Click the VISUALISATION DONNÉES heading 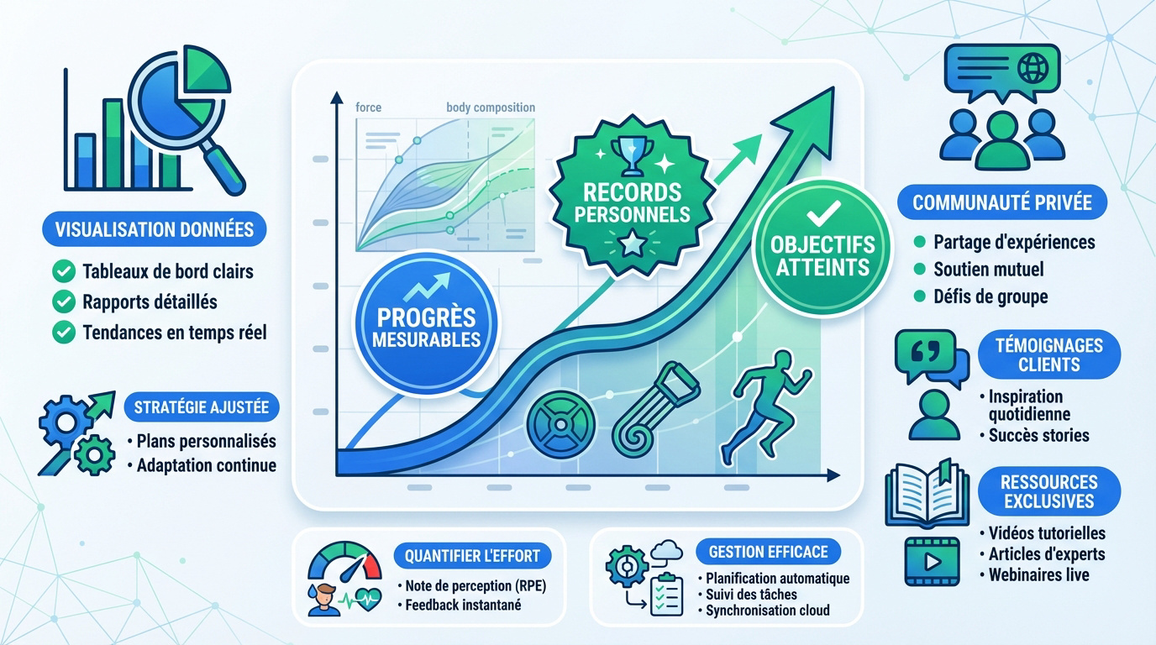(x=154, y=229)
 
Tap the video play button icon (x=931, y=561)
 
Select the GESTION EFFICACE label (x=768, y=552)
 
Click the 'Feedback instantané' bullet (x=463, y=605)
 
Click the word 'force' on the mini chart (x=368, y=107)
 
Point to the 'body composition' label (x=491, y=107)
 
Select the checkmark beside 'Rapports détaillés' (x=63, y=302)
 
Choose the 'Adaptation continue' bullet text (x=206, y=464)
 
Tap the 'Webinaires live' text (x=1038, y=574)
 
